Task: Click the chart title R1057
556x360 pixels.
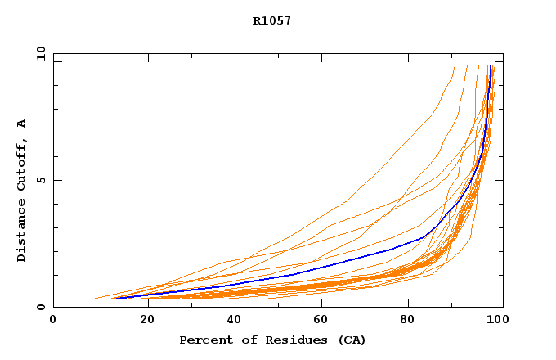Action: pyautogui.click(x=272, y=20)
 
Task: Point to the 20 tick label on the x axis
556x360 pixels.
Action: pyautogui.click(x=142, y=320)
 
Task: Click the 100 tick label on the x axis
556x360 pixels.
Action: pyautogui.click(x=495, y=320)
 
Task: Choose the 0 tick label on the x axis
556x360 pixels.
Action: pyautogui.click(x=53, y=320)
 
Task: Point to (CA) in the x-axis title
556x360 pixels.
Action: pyautogui.click(x=352, y=340)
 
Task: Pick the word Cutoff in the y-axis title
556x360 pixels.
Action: pyautogui.click(x=22, y=164)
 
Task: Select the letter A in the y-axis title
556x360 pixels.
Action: pyautogui.click(x=22, y=124)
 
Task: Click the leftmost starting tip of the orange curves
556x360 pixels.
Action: pyautogui.click(x=93, y=299)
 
